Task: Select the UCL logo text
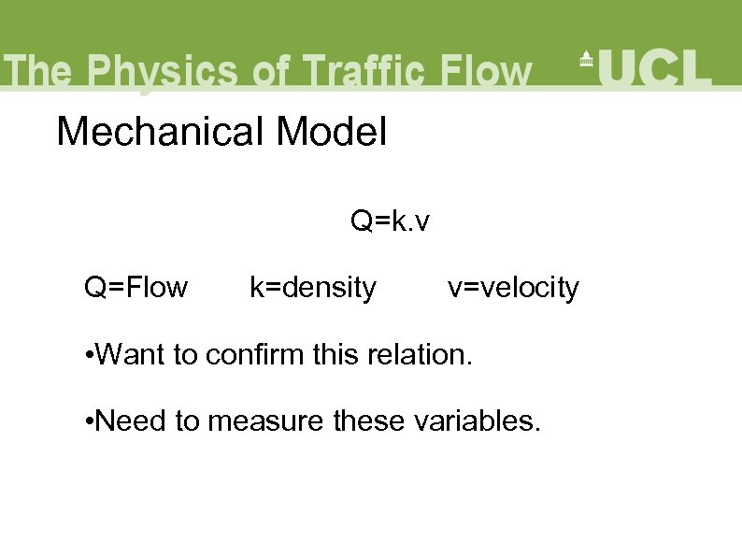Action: [x=654, y=67]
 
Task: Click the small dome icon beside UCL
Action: [x=587, y=60]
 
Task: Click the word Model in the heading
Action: [x=331, y=132]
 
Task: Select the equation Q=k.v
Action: [x=390, y=221]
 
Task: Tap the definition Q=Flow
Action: [x=136, y=288]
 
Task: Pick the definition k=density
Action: [x=312, y=288]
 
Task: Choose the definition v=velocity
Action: [x=513, y=288]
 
